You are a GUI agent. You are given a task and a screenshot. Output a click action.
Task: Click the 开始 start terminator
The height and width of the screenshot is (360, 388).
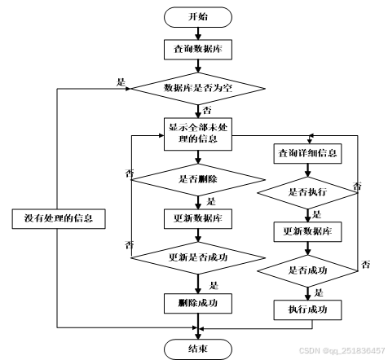[x=198, y=17]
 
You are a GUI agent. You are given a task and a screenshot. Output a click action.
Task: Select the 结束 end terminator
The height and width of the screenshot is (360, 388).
[x=198, y=349]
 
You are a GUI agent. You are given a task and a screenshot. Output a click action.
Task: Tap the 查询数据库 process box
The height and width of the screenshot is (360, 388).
[x=198, y=50]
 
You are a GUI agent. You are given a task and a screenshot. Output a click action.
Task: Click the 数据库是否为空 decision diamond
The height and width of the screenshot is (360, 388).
[x=198, y=89]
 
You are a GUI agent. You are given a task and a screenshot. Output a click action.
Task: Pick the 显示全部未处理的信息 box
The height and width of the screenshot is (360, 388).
[x=198, y=134]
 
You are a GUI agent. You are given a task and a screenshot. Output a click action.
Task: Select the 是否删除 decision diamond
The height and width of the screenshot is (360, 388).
[x=198, y=180]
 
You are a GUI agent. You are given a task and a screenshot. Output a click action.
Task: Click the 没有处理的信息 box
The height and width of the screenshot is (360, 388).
[x=59, y=219]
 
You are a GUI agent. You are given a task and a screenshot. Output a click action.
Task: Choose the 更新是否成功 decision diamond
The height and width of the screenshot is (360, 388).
[x=198, y=257]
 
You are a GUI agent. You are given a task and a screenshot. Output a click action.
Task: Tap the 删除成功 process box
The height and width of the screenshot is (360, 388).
[x=198, y=304]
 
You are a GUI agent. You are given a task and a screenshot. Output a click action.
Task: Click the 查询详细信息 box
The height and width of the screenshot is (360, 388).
[x=307, y=154]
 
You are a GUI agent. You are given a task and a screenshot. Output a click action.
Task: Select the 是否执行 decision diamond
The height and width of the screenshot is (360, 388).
[x=307, y=193]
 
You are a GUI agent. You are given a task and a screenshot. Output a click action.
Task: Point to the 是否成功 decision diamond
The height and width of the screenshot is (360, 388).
[x=307, y=270]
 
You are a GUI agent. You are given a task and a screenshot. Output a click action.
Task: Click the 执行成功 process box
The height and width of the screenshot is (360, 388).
[x=307, y=310]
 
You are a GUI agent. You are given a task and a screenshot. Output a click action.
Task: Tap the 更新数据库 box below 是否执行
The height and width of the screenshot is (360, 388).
[x=307, y=232]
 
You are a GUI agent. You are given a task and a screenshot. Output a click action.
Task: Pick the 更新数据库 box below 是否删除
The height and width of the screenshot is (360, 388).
[x=198, y=219]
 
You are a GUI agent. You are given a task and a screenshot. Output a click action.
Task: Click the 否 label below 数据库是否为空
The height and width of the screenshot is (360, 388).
[x=207, y=111]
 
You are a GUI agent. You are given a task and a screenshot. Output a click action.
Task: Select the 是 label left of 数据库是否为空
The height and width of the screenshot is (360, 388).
[x=121, y=82]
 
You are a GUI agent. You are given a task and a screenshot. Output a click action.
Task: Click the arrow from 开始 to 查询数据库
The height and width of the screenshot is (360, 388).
[x=198, y=33]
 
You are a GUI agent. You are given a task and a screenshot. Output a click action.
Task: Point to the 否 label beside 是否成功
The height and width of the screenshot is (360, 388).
[x=366, y=265]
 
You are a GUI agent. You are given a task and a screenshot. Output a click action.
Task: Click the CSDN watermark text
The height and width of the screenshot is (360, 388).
[x=342, y=350]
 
